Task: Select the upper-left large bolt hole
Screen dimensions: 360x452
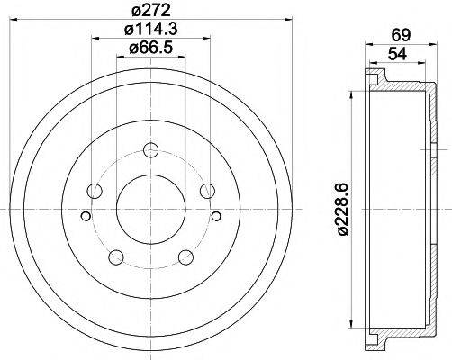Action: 95,190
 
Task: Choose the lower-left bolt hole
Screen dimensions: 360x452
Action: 115,256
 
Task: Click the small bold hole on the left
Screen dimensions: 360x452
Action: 85,215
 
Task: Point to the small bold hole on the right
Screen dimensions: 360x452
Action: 216,215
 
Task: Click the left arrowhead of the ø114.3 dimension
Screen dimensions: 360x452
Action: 93,38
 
